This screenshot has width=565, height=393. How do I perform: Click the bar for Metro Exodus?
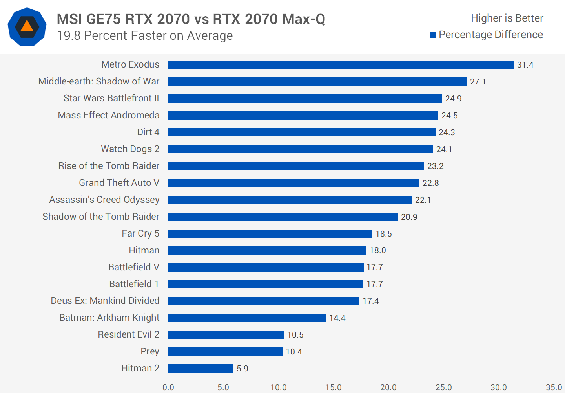pyautogui.click(x=341, y=65)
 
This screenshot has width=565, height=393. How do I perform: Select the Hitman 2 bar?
pyautogui.click(x=201, y=368)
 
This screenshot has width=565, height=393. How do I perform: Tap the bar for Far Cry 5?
pyautogui.click(x=270, y=233)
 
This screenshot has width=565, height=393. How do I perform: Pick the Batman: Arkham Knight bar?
pyautogui.click(x=247, y=318)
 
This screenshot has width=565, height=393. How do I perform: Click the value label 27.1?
pyautogui.click(x=478, y=82)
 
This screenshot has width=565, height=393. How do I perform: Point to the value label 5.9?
pyautogui.click(x=242, y=369)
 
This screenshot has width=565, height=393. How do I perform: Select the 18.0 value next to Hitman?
pyautogui.click(x=377, y=250)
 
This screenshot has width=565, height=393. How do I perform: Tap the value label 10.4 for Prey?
pyautogui.click(x=293, y=352)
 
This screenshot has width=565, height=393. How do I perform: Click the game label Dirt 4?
pyautogui.click(x=148, y=132)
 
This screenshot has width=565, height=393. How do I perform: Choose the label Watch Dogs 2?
pyautogui.click(x=130, y=149)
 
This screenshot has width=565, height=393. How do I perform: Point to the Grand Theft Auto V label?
pyautogui.click(x=119, y=183)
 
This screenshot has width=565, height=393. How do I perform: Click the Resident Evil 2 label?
pyautogui.click(x=128, y=334)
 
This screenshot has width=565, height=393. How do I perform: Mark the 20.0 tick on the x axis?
pyautogui.click(x=388, y=387)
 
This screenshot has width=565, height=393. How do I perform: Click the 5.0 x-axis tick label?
pyautogui.click(x=223, y=387)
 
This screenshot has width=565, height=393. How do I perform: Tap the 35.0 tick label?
pyautogui.click(x=554, y=387)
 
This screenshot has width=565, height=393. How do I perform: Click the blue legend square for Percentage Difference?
pyautogui.click(x=433, y=35)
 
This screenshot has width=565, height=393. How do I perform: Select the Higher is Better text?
pyautogui.click(x=507, y=18)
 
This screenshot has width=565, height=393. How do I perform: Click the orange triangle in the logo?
pyautogui.click(x=27, y=26)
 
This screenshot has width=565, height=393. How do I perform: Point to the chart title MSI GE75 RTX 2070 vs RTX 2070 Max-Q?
pyautogui.click(x=191, y=19)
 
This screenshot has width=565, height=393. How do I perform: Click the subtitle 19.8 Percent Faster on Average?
pyautogui.click(x=145, y=36)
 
